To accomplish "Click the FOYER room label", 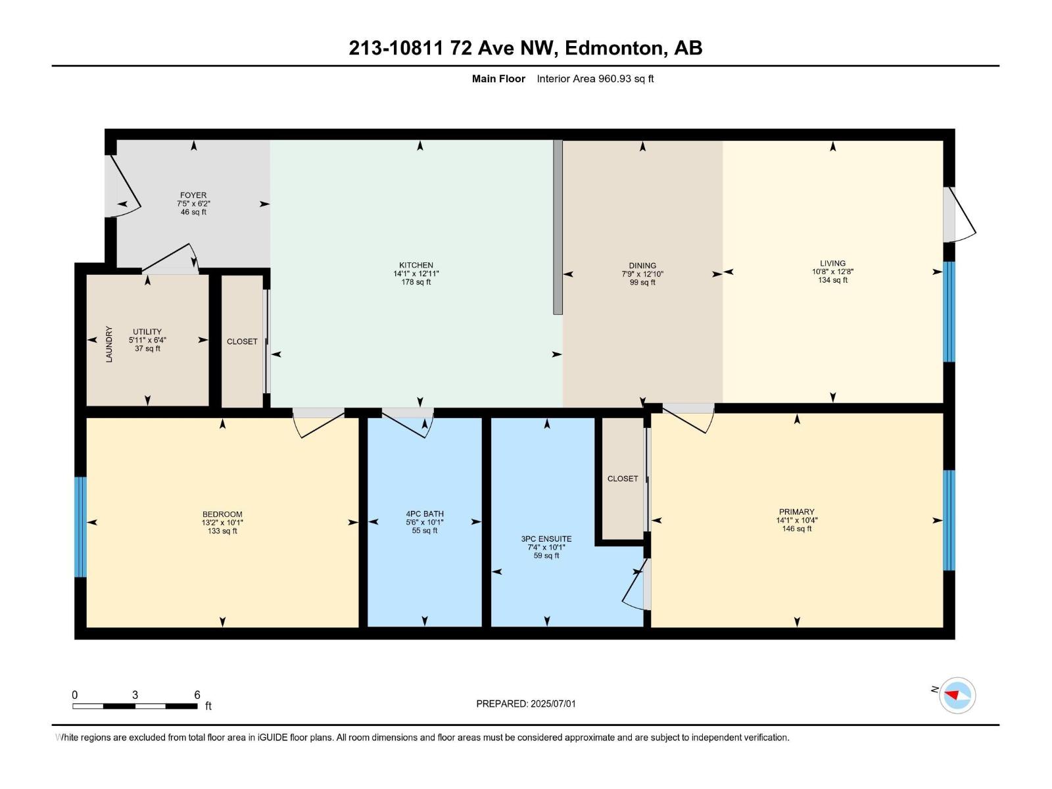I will [193, 195].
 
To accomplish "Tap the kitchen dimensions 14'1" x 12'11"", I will [416, 274].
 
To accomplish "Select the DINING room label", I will [642, 266].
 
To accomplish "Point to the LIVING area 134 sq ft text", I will [832, 280].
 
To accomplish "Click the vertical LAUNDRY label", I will [109, 344].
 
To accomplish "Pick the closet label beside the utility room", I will [242, 341].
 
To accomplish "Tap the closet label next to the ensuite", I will [622, 479].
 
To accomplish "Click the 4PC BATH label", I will [425, 514].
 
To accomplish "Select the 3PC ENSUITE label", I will [546, 539].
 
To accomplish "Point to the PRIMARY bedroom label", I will [796, 512].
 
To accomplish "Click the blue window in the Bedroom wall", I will [80, 527].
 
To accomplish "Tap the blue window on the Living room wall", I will [949, 312].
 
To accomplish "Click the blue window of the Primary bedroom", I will [949, 520].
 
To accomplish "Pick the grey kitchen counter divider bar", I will [558, 227].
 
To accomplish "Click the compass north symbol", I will [957, 695].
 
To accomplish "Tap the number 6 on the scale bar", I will [197, 695].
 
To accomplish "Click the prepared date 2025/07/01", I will [552, 704].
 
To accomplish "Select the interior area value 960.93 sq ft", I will [625, 79].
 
